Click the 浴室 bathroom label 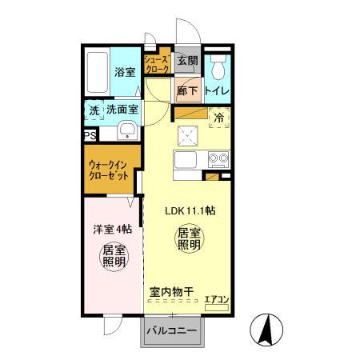(125, 71)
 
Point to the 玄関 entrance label (187, 60)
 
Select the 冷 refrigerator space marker (219, 118)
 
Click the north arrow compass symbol (269, 330)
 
